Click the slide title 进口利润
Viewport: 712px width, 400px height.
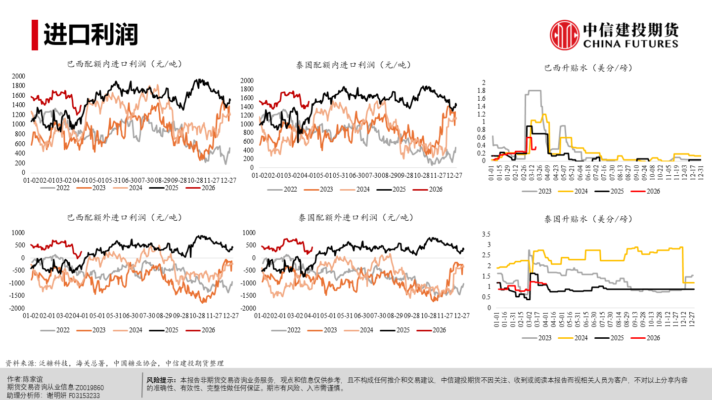(x=90, y=35)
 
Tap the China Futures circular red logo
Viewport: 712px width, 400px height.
(x=565, y=35)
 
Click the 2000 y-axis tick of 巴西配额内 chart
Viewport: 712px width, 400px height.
(x=18, y=76)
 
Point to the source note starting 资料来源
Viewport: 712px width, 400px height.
(x=114, y=363)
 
